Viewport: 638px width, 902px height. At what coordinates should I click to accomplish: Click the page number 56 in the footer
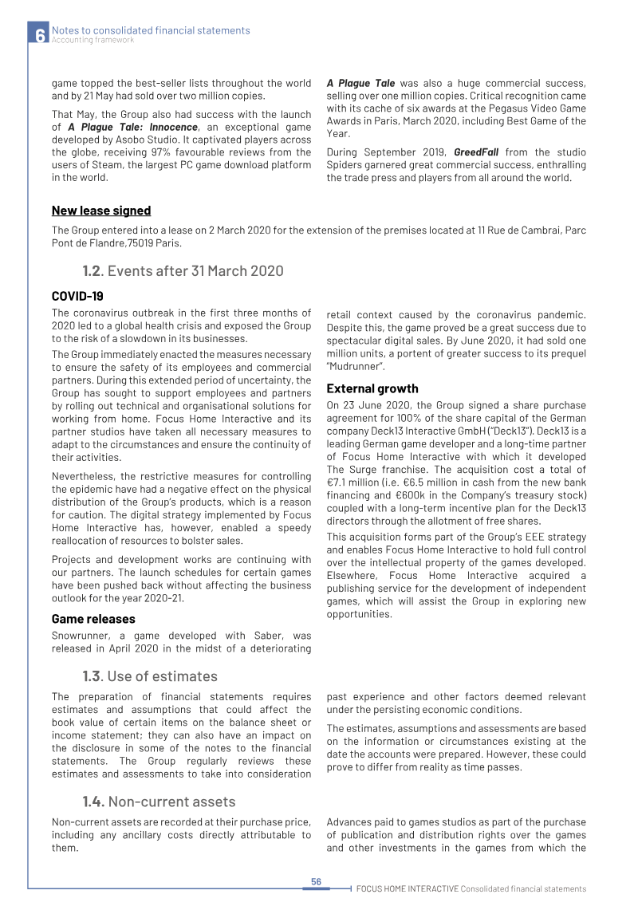point(316,881)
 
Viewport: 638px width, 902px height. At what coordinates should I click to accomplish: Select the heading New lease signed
point(101,211)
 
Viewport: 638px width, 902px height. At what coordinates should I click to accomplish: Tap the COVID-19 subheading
point(77,296)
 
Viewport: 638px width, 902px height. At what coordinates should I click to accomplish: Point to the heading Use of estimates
point(163,676)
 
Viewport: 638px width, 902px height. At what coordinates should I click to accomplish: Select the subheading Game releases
point(93,619)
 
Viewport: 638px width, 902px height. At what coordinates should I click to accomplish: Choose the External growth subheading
point(372,388)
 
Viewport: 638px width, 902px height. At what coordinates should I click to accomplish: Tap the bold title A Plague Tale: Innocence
point(132,126)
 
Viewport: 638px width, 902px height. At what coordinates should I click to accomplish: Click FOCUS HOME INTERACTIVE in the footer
point(407,888)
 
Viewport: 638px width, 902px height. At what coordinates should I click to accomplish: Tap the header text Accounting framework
point(93,40)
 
